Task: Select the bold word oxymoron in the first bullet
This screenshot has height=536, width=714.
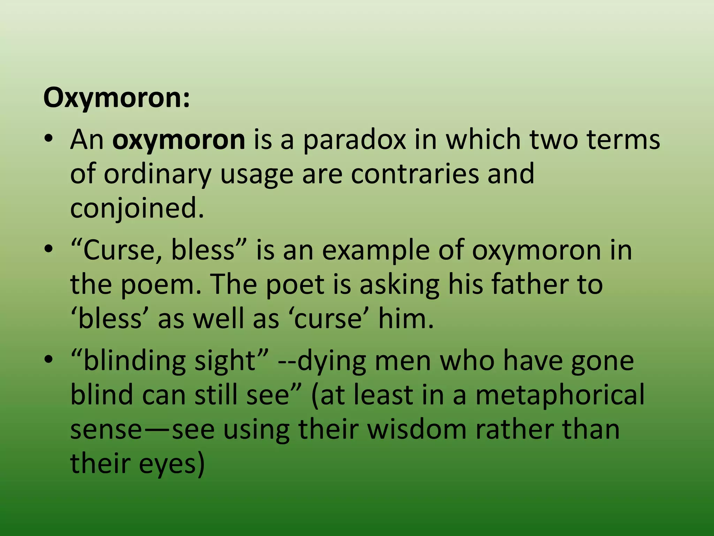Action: point(178,140)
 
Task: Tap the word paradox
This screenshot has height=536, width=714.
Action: point(354,140)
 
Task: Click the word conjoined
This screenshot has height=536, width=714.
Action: point(136,208)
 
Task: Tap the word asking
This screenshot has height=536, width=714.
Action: point(399,284)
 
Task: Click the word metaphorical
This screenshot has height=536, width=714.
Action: point(560,395)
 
